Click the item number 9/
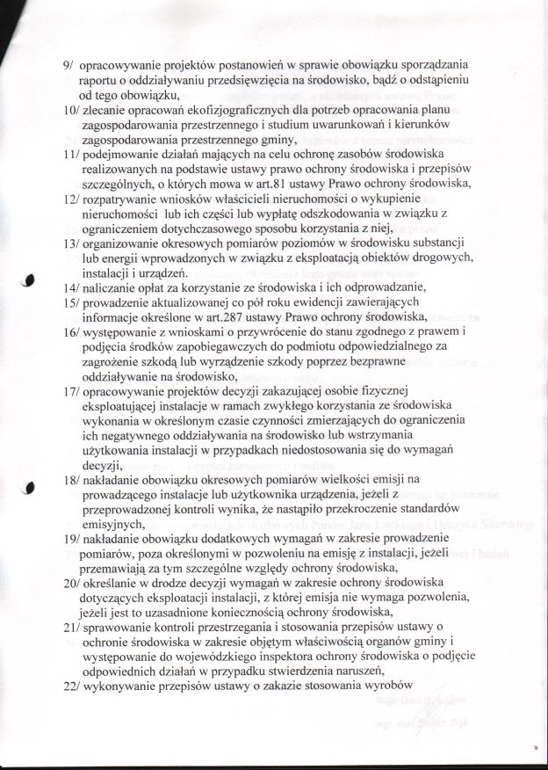68,66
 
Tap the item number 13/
71,241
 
